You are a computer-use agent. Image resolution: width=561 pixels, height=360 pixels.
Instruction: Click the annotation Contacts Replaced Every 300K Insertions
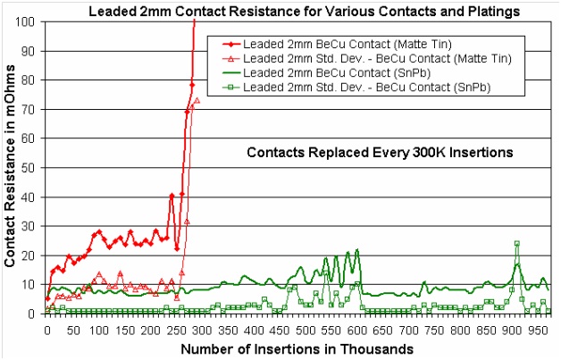pos(379,153)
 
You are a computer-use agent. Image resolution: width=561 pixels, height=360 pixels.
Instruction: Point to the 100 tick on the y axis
pos(32,21)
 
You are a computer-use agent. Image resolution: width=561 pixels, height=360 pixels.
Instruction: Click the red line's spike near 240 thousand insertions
pos(172,195)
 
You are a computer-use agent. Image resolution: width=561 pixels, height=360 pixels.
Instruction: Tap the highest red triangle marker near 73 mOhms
pos(197,100)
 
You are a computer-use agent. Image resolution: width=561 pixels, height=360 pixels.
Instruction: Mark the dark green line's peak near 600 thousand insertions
pos(357,250)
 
